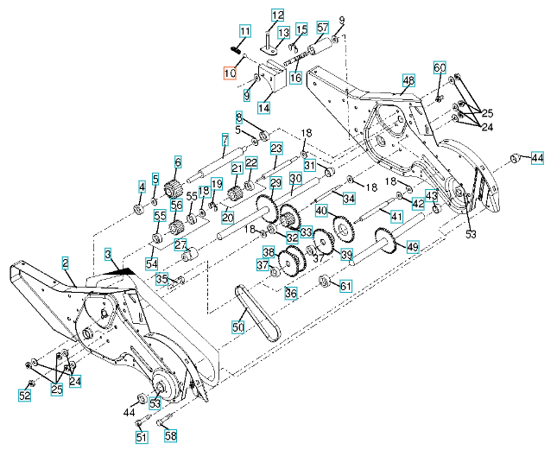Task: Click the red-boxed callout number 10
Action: click(x=229, y=73)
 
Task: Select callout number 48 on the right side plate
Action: click(x=408, y=80)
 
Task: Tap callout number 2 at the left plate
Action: click(x=66, y=261)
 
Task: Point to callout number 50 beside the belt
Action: click(x=237, y=326)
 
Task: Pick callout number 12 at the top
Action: click(x=277, y=15)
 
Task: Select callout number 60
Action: click(x=439, y=67)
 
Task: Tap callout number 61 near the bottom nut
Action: click(x=345, y=286)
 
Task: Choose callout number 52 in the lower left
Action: click(x=26, y=396)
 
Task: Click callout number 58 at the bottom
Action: click(x=170, y=436)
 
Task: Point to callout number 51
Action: click(x=141, y=436)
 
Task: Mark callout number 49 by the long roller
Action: click(x=413, y=247)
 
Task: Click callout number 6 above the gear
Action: click(x=178, y=161)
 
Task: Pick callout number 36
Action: click(x=291, y=294)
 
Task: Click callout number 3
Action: click(x=109, y=256)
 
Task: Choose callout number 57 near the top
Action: click(x=322, y=28)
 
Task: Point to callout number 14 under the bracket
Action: click(x=264, y=108)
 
